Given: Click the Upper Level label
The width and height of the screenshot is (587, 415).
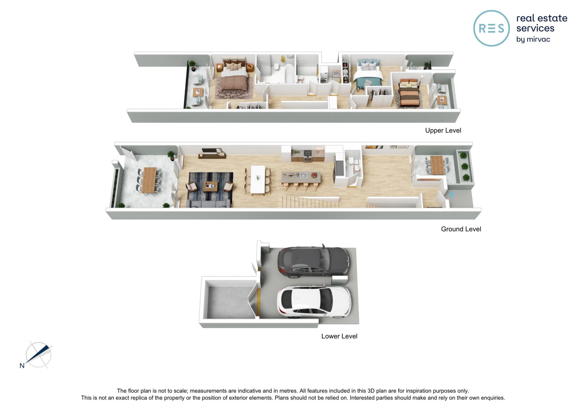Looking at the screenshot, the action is (x=443, y=131).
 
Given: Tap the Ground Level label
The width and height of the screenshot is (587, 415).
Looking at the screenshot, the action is (x=461, y=229).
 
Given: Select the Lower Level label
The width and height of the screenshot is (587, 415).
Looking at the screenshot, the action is (x=339, y=336).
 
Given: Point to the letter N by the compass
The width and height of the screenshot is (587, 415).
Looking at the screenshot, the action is (x=22, y=365).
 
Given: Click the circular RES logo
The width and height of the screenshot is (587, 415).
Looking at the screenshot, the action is (x=491, y=28).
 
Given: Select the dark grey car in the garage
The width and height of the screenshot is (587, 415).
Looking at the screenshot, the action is (x=313, y=262).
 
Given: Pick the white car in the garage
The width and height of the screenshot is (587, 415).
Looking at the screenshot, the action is (x=314, y=302).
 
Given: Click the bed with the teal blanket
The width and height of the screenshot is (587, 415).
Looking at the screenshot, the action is (x=368, y=74).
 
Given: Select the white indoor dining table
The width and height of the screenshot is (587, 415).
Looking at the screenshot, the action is (x=258, y=180).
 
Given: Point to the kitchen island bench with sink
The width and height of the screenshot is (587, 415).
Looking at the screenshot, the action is (x=301, y=178).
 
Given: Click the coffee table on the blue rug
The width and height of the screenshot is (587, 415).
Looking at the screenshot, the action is (x=210, y=186).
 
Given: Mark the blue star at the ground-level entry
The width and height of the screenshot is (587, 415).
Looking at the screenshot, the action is (x=451, y=194).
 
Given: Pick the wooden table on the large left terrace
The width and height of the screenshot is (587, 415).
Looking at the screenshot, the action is (x=149, y=180).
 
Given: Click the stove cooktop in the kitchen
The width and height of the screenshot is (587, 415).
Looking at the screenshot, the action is (x=308, y=153).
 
